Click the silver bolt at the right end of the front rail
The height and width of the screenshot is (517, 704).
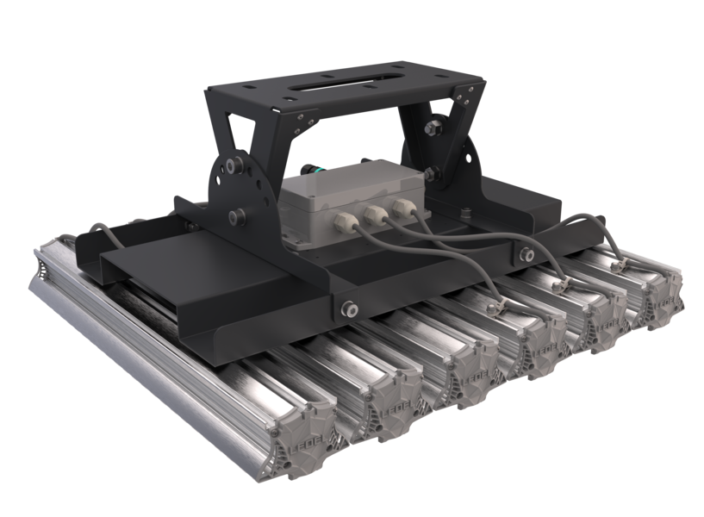525,252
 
